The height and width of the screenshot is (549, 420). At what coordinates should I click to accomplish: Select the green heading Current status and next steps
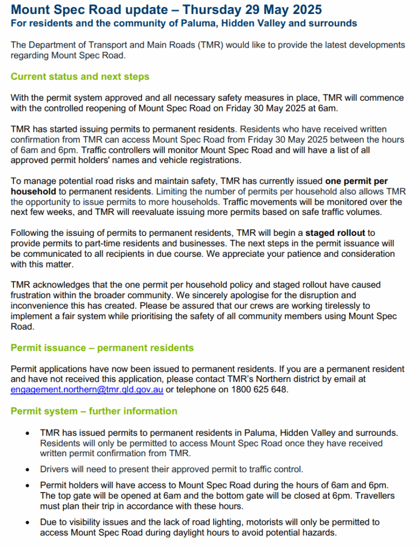pyautogui.click(x=80, y=77)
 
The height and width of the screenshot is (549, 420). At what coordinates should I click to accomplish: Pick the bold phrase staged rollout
pyautogui.click(x=335, y=233)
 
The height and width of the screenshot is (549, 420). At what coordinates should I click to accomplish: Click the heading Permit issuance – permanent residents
pyautogui.click(x=102, y=348)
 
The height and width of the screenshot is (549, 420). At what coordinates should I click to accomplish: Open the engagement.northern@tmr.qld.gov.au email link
pyautogui.click(x=87, y=390)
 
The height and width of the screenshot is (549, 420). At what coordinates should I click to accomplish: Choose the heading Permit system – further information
pyautogui.click(x=94, y=411)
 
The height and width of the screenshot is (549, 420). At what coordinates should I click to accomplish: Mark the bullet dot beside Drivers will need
pyautogui.click(x=27, y=470)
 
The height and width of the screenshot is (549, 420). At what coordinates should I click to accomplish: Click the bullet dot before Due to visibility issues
pyautogui.click(x=27, y=522)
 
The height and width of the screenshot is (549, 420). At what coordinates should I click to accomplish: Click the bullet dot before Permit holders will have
pyautogui.click(x=27, y=486)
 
